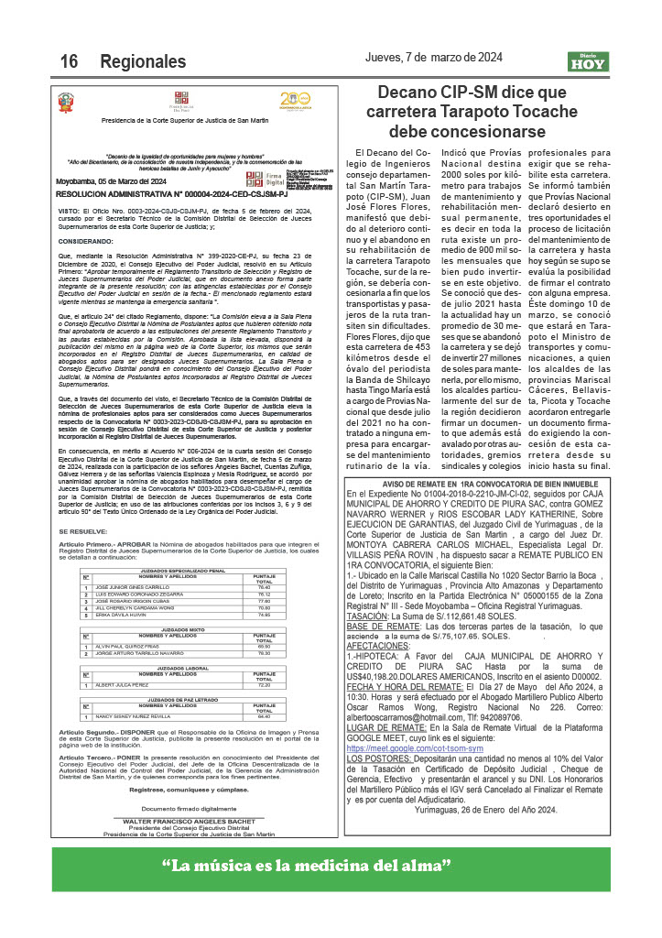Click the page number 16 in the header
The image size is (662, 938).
click(69, 61)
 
